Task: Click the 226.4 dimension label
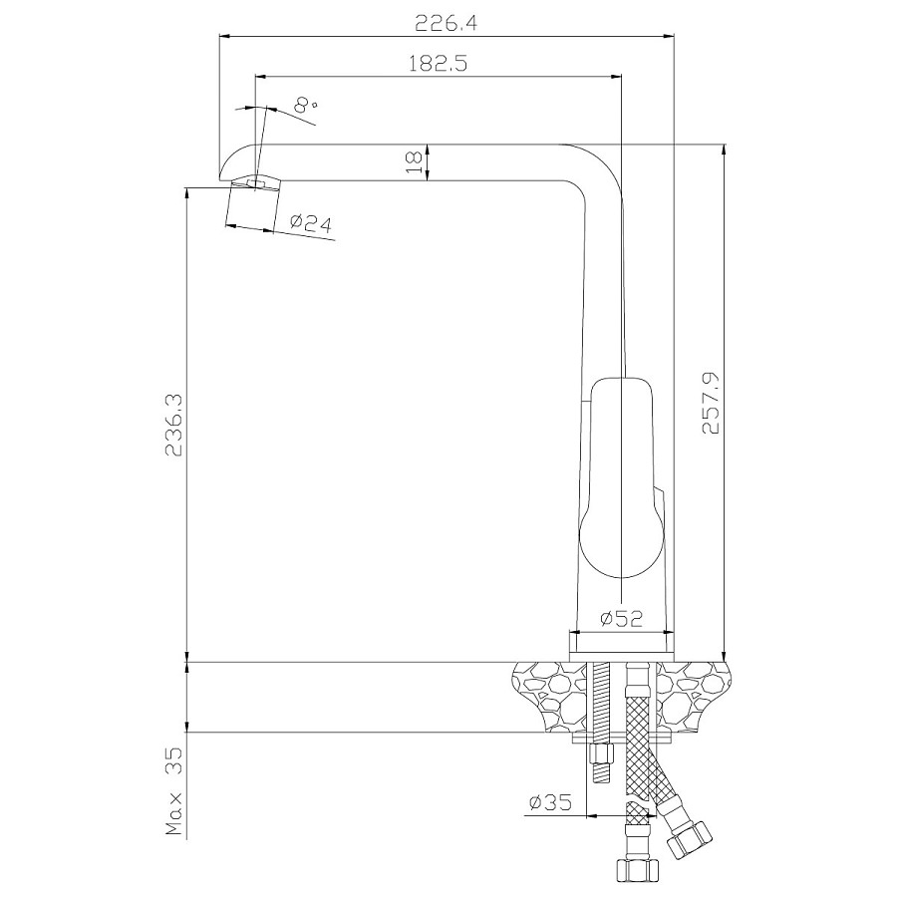tap(447, 24)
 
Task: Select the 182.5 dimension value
tap(439, 63)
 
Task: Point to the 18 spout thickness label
tap(414, 162)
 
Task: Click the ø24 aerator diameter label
tap(311, 222)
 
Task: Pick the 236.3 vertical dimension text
tap(173, 425)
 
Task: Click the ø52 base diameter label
tap(621, 618)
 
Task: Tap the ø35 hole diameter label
tap(550, 803)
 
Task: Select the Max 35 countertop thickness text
tap(173, 791)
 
